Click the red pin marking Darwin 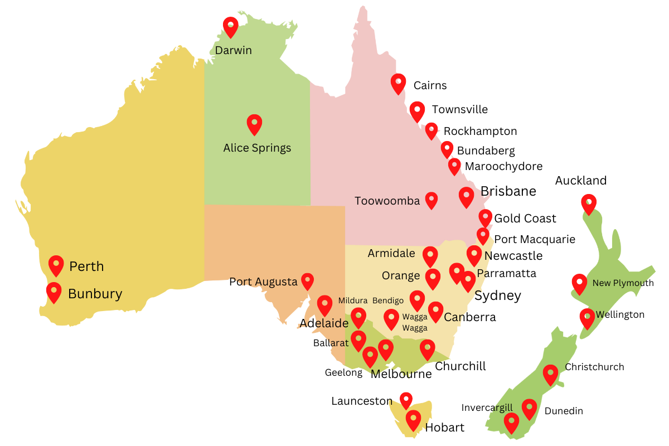(230, 26)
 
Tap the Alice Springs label (257, 148)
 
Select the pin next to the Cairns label (398, 83)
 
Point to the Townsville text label (459, 110)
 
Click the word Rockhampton (480, 132)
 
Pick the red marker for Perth (56, 265)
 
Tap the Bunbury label (95, 294)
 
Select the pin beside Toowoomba (432, 200)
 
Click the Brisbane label (508, 192)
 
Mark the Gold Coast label (525, 219)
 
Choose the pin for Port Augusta (307, 281)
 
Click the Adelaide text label (324, 323)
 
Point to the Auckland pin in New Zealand (588, 203)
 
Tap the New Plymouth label (623, 283)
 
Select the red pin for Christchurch (550, 374)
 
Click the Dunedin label (564, 411)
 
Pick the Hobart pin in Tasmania (413, 419)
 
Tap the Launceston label (362, 401)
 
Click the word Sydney (497, 295)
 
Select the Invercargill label (487, 408)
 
